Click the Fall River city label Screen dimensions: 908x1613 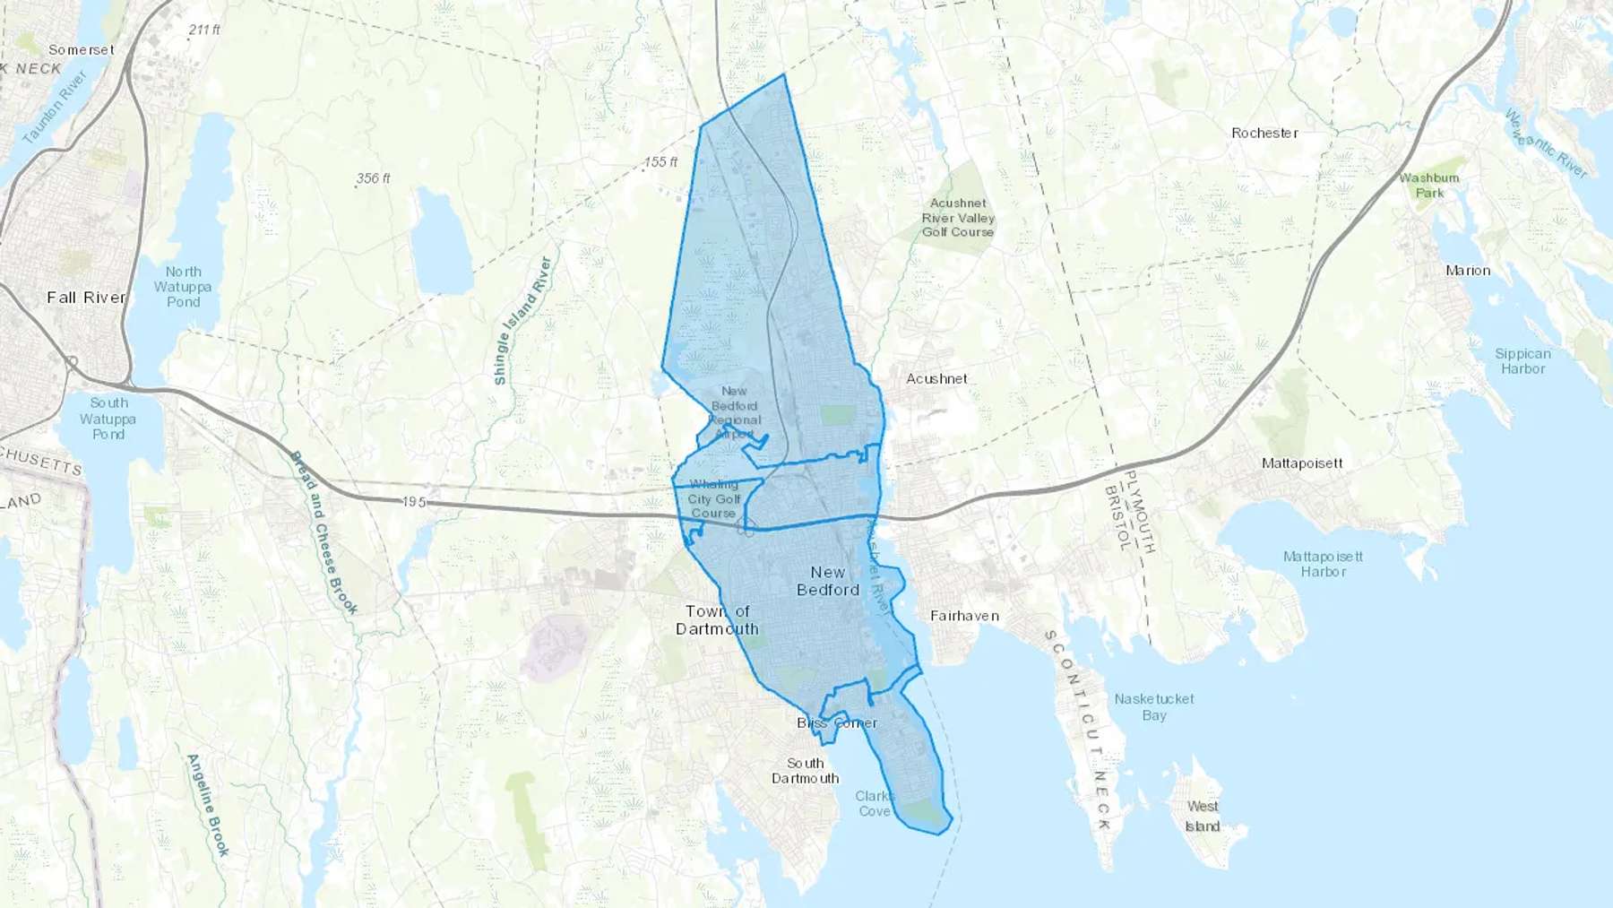86,298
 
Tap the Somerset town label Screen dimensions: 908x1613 82,50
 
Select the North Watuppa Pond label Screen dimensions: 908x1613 183,287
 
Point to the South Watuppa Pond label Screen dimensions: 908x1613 108,419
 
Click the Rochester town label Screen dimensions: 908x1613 1264,133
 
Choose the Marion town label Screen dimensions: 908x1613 1468,271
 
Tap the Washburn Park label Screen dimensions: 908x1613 1429,186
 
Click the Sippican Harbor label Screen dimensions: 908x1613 1522,361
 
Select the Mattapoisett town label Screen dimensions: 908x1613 1302,463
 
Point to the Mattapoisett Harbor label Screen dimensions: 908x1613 1323,564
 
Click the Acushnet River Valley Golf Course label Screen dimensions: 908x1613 958,218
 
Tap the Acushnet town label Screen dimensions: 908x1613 936,379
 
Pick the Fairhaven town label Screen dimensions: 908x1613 964,616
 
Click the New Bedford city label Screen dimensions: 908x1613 828,581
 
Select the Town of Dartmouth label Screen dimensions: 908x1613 717,620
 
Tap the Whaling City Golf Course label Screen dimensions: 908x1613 714,499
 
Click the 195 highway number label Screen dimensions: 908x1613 413,502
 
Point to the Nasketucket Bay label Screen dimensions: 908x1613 1154,707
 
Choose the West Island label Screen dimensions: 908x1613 1203,817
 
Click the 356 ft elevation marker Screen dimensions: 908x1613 373,178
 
